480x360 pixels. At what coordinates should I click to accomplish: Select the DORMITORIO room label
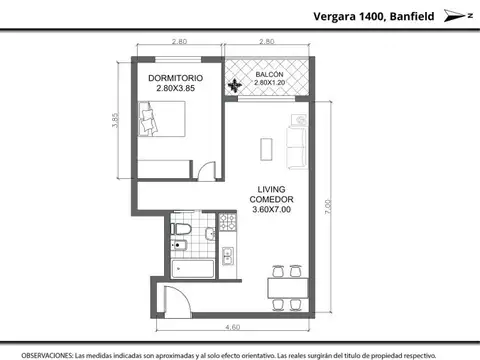pyautogui.click(x=176, y=77)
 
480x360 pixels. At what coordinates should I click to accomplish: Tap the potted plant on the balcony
pyautogui.click(x=236, y=87)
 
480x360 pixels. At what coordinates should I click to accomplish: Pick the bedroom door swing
pyautogui.click(x=206, y=168)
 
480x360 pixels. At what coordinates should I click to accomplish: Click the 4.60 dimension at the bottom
pyautogui.click(x=232, y=326)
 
